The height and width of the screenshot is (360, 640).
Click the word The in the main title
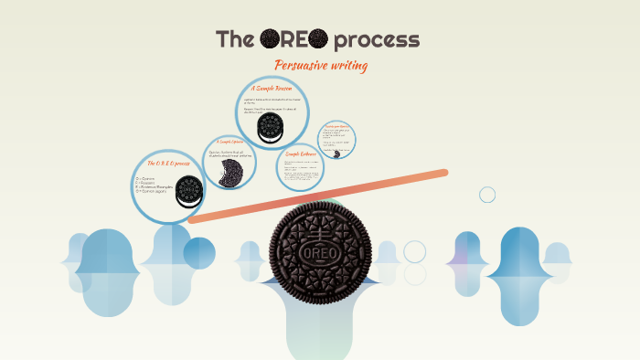click(x=235, y=40)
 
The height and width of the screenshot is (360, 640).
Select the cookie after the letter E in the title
click(x=317, y=39)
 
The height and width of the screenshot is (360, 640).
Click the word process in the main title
click(x=377, y=41)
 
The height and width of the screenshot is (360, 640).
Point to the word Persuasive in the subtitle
click(x=304, y=66)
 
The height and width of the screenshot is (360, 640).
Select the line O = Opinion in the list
click(x=146, y=178)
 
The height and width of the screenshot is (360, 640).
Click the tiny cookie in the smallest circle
click(x=337, y=154)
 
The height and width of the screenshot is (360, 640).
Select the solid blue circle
click(x=199, y=253)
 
